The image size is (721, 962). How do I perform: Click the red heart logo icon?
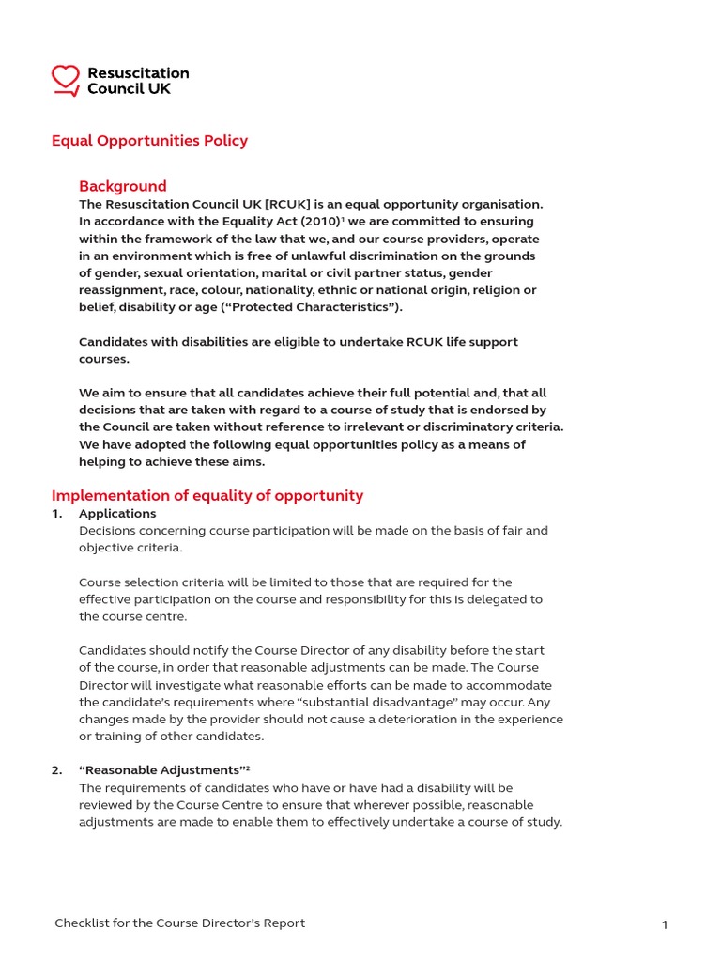(66, 80)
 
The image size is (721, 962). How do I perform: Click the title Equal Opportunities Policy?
(149, 141)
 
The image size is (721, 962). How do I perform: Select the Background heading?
(122, 186)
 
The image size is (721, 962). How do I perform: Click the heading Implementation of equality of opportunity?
(207, 495)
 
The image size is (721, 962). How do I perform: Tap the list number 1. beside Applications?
(57, 514)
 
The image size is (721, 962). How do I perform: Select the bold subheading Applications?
(117, 514)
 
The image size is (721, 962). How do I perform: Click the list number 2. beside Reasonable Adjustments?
(57, 770)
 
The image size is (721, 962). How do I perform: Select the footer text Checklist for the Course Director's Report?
(179, 923)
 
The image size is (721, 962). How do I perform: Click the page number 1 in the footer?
(665, 925)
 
